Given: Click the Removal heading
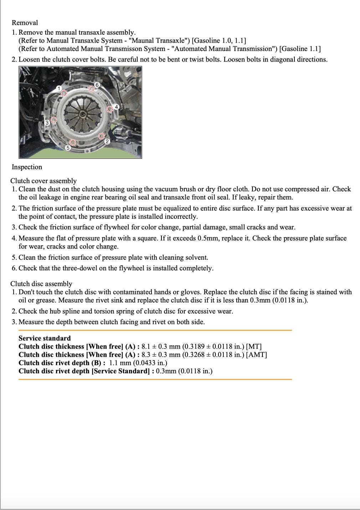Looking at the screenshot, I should coord(25,23).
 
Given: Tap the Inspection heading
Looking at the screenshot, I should coord(27,167).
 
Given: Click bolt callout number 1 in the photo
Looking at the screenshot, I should coord(60,88).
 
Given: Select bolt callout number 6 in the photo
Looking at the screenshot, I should coord(97,85).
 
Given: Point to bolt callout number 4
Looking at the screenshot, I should coord(116,107).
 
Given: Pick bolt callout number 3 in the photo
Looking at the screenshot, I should coord(47,123).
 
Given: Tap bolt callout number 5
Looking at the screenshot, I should coord(68,147).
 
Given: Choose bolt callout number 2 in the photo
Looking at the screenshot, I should coord(107,141).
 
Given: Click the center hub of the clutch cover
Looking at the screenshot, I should coord(82,114).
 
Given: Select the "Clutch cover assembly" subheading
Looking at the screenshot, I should coord(43,181).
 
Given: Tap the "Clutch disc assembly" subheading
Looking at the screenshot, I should coord(41,284).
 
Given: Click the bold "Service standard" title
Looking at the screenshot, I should coord(45,338).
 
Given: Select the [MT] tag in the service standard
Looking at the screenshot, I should coord(254,347).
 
